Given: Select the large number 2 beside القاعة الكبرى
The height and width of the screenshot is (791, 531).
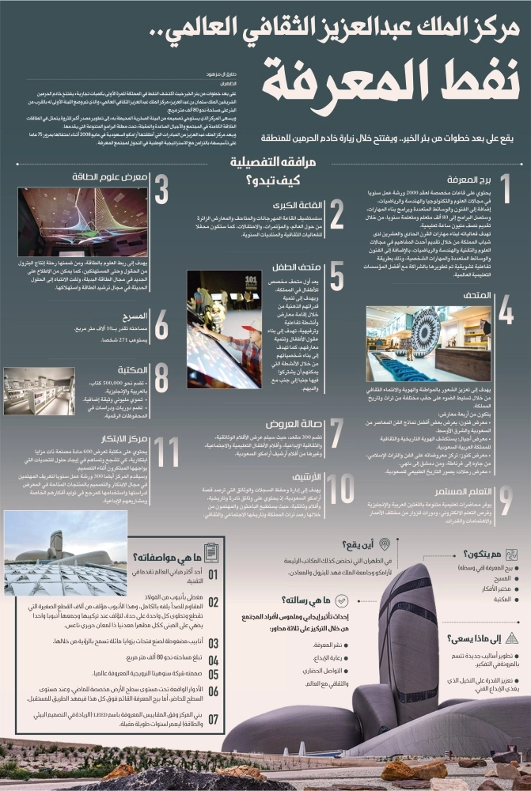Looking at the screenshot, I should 336,214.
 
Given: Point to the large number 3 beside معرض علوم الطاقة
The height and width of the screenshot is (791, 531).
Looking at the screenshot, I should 161,190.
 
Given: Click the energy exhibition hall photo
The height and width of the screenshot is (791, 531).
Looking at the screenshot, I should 82,222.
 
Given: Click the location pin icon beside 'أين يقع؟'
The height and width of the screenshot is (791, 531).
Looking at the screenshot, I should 385,544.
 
